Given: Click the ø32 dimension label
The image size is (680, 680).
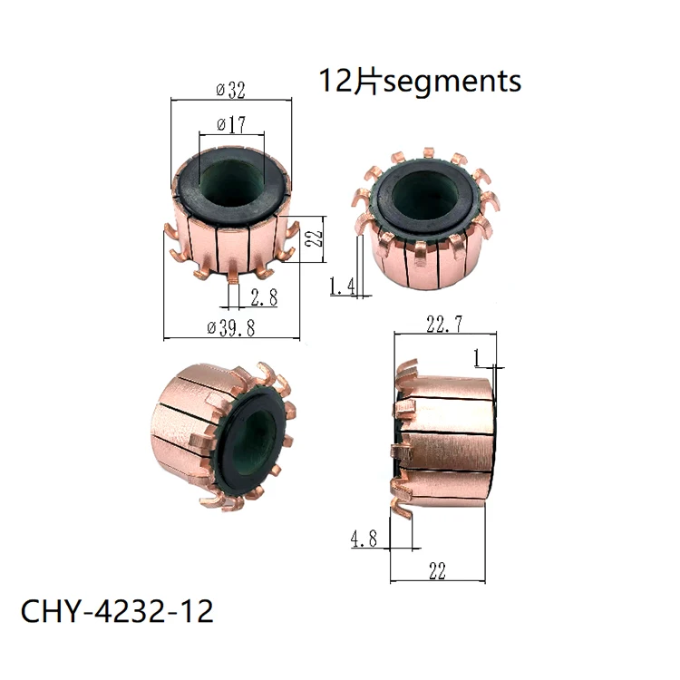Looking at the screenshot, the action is [230, 91].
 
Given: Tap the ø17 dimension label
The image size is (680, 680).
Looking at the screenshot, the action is [230, 123].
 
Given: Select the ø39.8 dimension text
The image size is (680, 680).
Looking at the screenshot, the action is [229, 329].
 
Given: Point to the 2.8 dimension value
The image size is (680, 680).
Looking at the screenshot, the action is [263, 296].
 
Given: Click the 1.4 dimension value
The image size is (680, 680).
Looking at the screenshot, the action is [341, 287].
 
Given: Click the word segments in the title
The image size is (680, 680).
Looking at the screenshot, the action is [453, 82].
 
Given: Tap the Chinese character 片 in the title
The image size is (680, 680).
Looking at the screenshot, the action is [368, 81].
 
